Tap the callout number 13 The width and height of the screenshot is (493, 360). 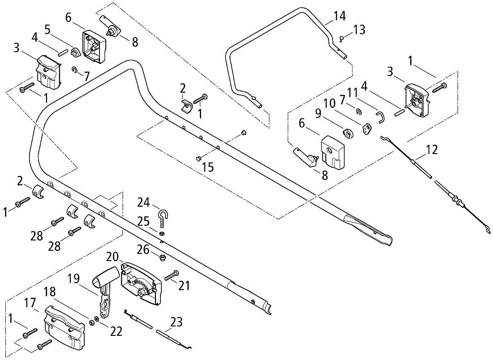click(x=359, y=30)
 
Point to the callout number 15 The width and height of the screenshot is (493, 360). click(x=208, y=167)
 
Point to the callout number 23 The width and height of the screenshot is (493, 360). click(x=176, y=322)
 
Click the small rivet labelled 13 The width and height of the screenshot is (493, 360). click(x=342, y=39)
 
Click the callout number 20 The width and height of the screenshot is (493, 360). click(x=112, y=257)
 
